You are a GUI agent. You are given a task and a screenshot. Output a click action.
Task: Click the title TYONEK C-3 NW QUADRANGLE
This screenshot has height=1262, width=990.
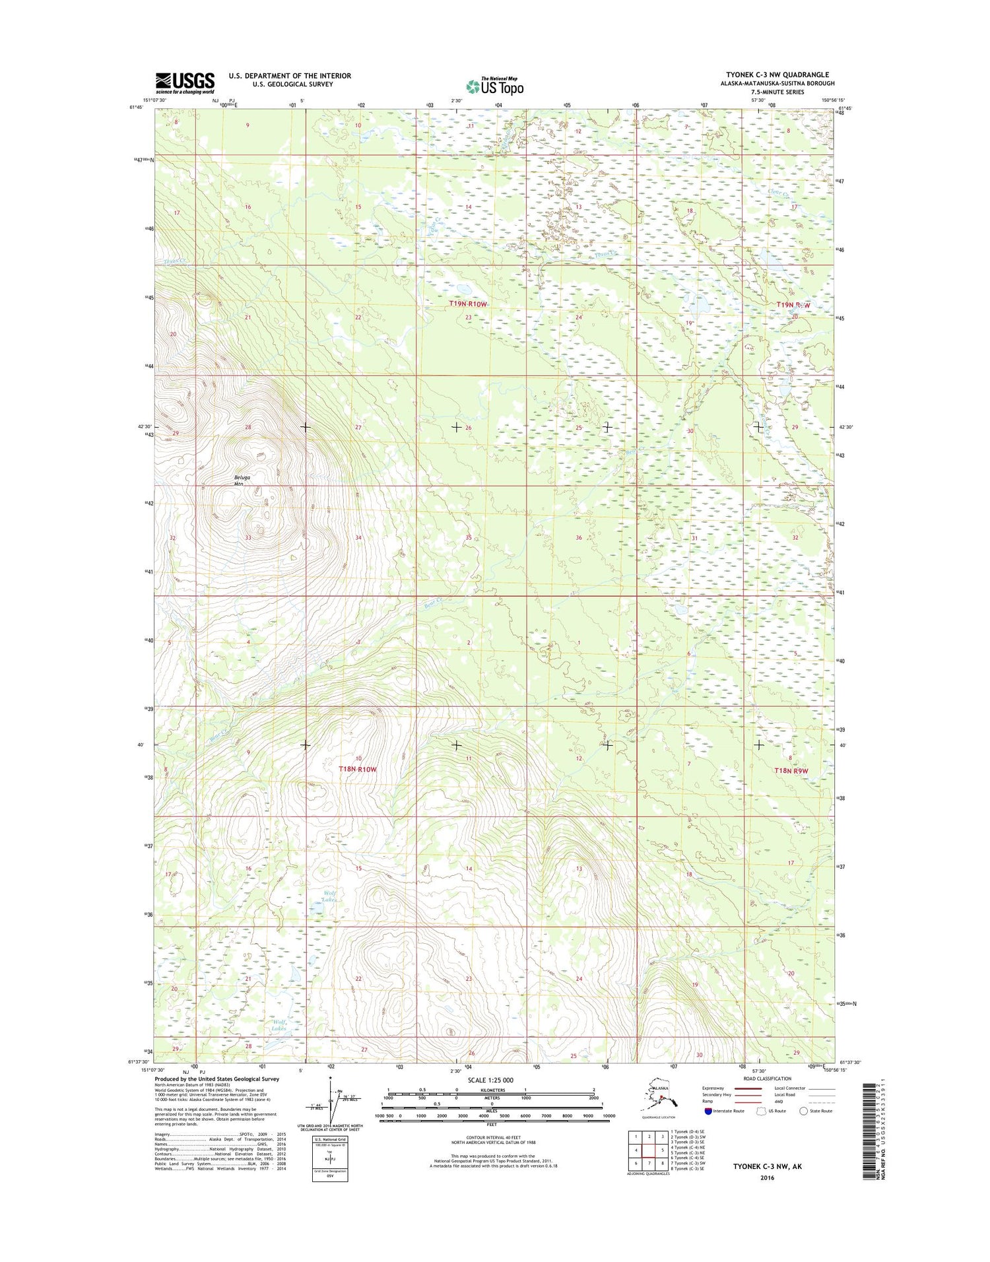point(777,75)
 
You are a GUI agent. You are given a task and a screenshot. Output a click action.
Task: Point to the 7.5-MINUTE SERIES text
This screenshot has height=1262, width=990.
point(777,92)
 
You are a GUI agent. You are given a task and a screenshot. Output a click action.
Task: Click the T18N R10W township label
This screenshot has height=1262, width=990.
point(357,769)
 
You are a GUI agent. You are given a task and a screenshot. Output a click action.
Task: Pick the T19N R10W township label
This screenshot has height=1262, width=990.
point(467,304)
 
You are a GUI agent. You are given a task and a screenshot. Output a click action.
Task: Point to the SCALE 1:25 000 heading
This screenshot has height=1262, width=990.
point(490,1080)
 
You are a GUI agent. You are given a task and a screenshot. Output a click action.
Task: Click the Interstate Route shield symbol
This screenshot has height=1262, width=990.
point(708,1111)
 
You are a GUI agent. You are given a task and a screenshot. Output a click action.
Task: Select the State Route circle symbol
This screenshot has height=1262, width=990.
point(803,1111)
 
